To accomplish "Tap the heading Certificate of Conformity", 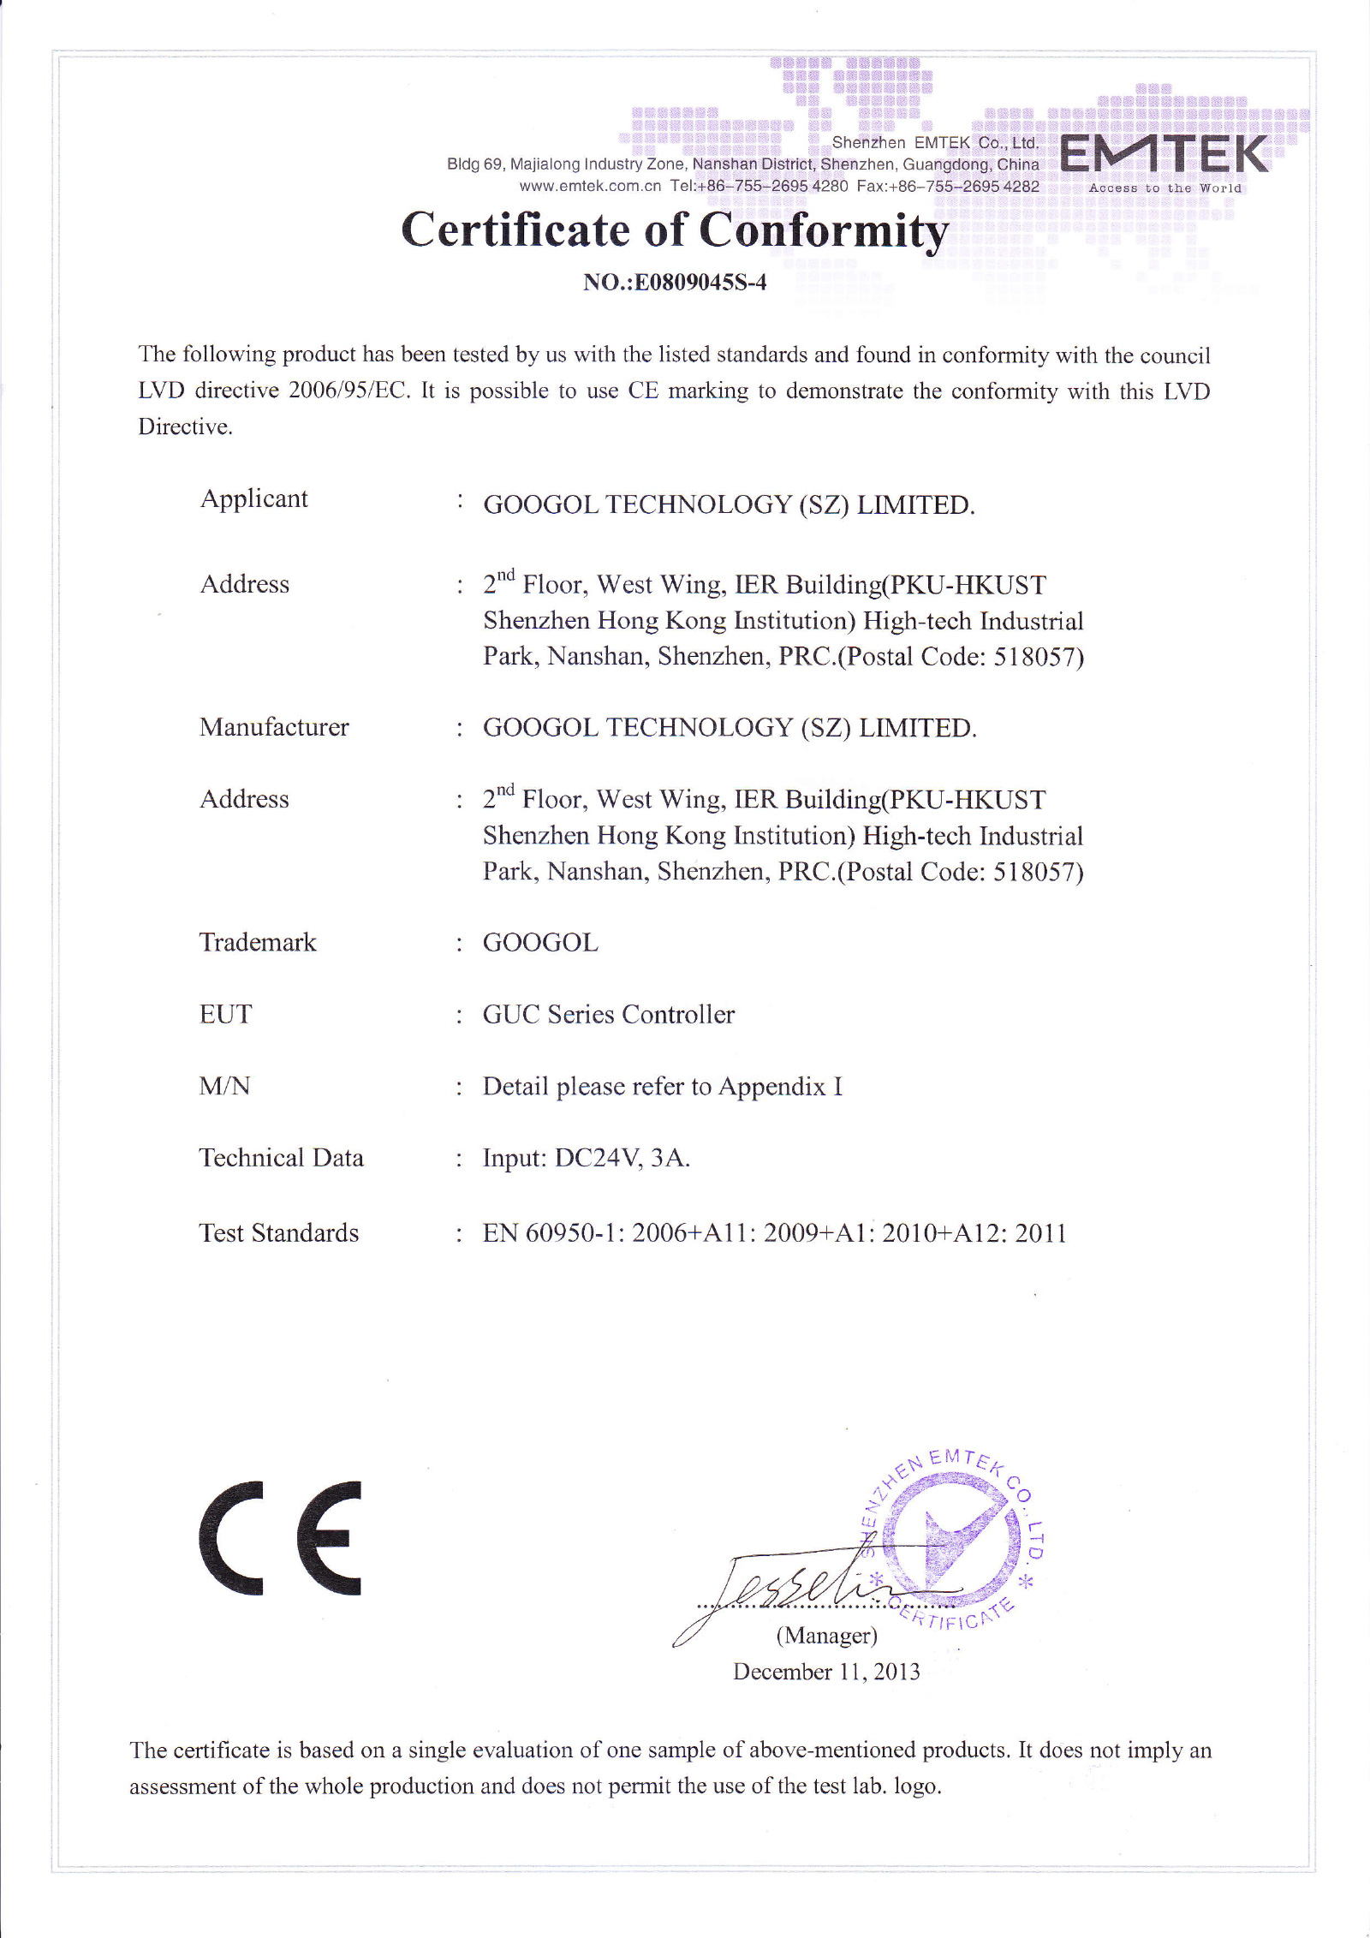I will [675, 230].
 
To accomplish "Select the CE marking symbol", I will [281, 1538].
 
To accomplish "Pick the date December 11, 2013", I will [826, 1672].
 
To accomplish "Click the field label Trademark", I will [258, 942].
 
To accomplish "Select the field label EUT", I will [226, 1014].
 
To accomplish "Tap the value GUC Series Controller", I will [609, 1014].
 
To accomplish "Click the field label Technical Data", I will [282, 1158].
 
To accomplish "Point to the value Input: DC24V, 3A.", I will [587, 1158].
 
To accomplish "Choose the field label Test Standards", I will [279, 1233].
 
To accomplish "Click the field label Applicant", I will [254, 498].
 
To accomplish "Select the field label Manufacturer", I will [274, 727].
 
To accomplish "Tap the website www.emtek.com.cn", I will [590, 187].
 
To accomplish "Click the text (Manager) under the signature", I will [826, 1636].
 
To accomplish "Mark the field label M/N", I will [225, 1086].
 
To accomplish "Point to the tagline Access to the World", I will [1164, 188].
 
